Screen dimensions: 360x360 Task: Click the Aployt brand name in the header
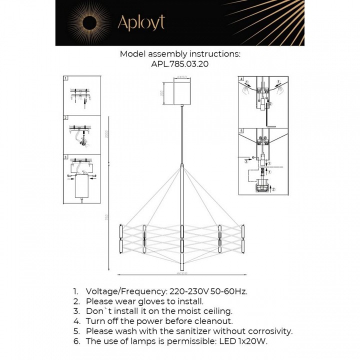point(141,22)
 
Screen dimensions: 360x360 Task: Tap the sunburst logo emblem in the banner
point(90,23)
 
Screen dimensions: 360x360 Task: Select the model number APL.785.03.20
point(180,64)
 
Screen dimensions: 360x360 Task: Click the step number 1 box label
point(65,79)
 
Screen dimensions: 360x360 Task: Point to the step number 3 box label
point(65,156)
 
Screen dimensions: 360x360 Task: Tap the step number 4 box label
point(241,79)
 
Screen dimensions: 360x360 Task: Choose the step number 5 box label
point(241,131)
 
